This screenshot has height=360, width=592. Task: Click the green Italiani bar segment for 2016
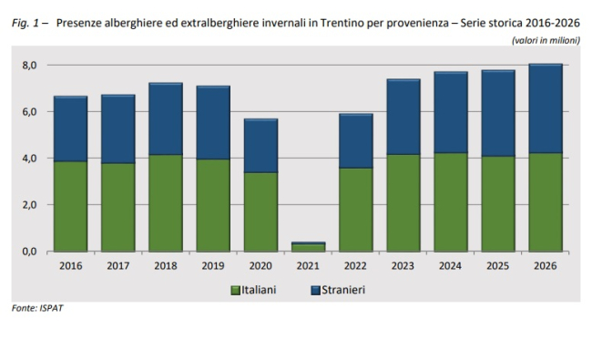[x=71, y=206]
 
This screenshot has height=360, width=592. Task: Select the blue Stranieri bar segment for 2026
[x=546, y=108]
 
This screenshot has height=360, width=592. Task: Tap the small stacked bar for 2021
[x=309, y=247]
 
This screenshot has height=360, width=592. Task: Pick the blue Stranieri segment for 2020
[x=260, y=146]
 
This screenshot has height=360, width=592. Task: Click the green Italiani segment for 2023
[x=403, y=203]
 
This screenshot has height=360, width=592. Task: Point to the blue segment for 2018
[x=166, y=118]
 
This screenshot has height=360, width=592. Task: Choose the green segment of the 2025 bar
[x=498, y=204]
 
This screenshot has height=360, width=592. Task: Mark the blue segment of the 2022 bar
[x=356, y=141]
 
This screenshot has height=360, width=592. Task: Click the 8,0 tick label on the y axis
[x=29, y=66]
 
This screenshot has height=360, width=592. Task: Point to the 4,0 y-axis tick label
[x=29, y=159]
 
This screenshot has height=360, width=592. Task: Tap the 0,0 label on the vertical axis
[x=29, y=252]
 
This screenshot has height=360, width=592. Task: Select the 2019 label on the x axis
[x=213, y=266]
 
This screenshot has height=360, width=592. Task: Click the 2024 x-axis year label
[x=451, y=266]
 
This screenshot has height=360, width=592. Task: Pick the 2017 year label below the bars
[x=118, y=266]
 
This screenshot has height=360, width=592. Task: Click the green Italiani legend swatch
[x=236, y=291]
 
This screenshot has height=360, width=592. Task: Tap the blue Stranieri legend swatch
[x=316, y=291]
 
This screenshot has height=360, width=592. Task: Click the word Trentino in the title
[x=338, y=23]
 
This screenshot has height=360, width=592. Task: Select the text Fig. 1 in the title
[x=26, y=24]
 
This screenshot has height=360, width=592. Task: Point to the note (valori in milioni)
[x=546, y=40]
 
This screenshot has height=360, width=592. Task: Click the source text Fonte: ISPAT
[x=37, y=308]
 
